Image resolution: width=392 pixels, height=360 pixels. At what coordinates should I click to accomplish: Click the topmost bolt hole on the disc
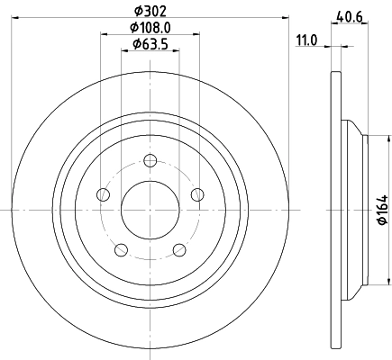tap(150, 162)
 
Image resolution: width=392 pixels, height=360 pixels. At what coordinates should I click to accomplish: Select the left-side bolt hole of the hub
tap(104, 195)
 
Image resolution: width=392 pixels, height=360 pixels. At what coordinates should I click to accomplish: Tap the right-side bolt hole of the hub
tap(197, 195)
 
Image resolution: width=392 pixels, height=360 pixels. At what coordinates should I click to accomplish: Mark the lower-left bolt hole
tap(122, 249)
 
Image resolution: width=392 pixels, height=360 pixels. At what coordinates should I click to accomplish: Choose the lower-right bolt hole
tap(179, 249)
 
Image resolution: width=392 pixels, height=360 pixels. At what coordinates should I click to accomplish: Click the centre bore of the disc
tap(150, 210)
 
